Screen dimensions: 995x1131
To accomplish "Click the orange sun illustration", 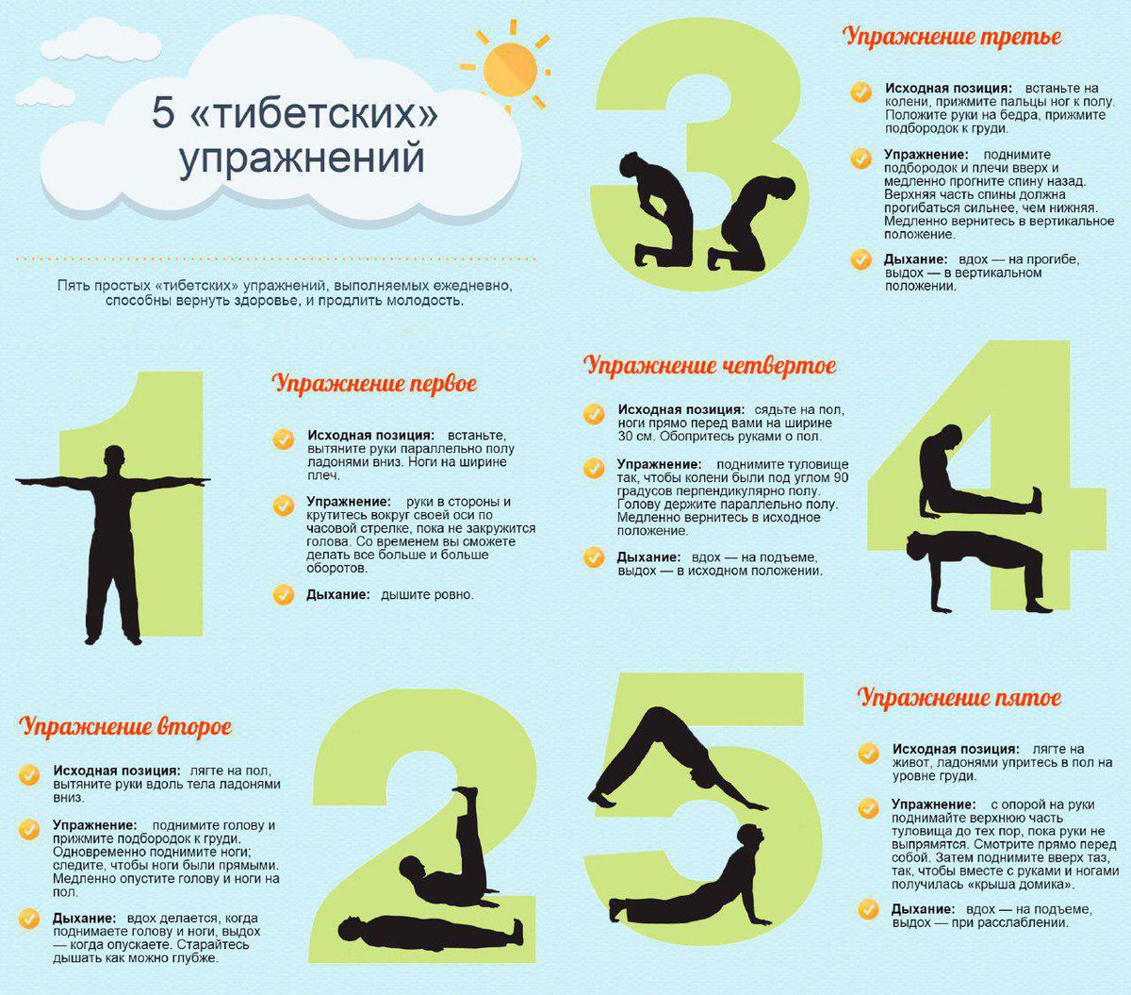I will (x=509, y=68).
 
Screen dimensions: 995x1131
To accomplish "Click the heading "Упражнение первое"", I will (x=374, y=384).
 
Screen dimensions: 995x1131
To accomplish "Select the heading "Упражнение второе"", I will (x=125, y=727).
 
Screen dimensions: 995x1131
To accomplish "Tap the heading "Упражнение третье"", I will (x=952, y=37).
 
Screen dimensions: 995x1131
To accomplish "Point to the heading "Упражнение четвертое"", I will (x=710, y=366).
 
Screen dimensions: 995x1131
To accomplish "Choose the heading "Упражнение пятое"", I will (x=959, y=698).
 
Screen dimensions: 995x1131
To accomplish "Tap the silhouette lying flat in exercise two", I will (x=429, y=931).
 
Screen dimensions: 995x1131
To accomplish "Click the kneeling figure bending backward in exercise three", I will (x=749, y=222).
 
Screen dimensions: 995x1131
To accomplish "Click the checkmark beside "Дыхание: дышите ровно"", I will (x=283, y=595).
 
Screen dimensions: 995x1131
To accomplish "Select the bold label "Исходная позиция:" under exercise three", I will (x=948, y=89).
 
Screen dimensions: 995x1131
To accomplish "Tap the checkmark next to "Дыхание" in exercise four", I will (x=594, y=557).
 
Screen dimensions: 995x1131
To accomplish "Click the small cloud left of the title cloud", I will (x=44, y=91).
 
